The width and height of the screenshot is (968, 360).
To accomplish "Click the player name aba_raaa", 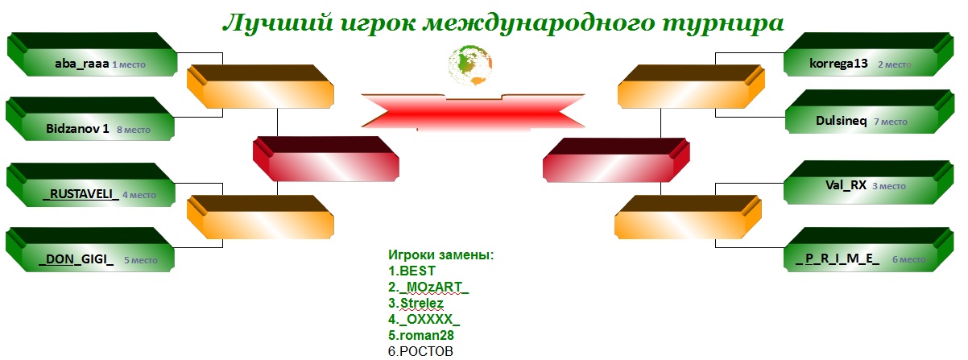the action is tap(81, 64).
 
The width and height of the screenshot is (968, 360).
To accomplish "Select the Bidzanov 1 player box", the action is tap(90, 119).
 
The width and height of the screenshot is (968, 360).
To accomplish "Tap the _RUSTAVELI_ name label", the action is tap(81, 194).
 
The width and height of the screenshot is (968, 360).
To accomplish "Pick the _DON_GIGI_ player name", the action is tap(76, 259).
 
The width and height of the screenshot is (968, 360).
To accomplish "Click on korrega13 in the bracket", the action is tap(838, 64).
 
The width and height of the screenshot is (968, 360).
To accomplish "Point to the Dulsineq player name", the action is tap(841, 121).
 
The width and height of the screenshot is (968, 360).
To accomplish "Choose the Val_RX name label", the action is tap(846, 185).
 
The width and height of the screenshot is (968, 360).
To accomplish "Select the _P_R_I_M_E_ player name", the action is tap(838, 259).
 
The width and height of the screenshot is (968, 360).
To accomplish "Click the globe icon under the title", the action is tap(470, 65).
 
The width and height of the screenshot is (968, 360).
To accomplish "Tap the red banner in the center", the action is tap(474, 112).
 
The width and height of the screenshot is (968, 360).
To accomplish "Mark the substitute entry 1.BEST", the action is tap(412, 271).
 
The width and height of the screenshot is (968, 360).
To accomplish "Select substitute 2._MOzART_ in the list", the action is tap(428, 287).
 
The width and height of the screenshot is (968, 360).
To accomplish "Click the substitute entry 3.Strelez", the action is tap(416, 303).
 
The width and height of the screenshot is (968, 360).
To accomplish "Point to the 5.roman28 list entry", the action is tap(421, 335).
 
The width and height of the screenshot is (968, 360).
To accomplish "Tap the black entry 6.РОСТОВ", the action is tap(420, 351).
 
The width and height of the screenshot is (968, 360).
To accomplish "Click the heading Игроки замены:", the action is tap(441, 255).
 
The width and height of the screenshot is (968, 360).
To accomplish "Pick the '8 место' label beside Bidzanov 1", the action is tap(134, 130).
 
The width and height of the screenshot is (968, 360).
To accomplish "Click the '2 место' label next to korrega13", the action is tap(895, 64).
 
